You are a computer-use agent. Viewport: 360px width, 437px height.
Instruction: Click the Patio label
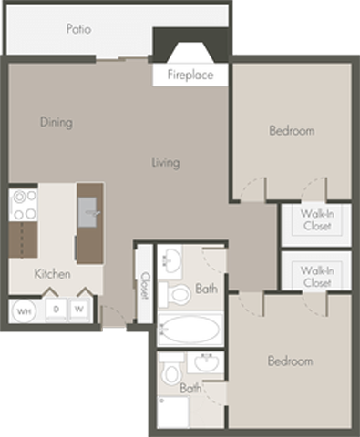point(78,29)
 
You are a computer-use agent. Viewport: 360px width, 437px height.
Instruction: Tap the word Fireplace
point(190,75)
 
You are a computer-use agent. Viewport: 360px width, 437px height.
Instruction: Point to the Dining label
point(56,122)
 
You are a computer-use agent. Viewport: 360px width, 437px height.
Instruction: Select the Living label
point(165,163)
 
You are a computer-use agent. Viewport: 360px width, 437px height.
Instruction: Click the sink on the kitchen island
point(89,216)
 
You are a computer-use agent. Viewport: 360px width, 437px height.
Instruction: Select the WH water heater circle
point(24,310)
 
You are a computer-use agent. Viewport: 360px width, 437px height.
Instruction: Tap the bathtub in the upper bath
point(189,329)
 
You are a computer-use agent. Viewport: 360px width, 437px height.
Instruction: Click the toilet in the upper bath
point(170,294)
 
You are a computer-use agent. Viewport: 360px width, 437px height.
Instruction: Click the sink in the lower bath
point(205,363)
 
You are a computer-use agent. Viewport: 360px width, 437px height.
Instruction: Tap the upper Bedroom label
point(291,131)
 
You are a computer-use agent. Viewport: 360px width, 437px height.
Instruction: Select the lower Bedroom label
point(290,361)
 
